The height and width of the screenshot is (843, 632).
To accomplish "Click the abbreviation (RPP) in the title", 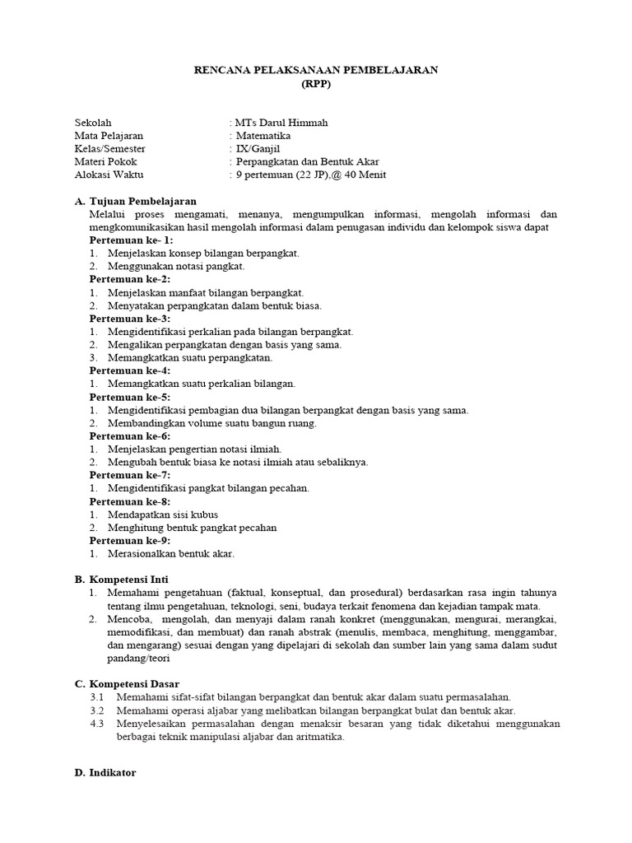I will click(316, 84).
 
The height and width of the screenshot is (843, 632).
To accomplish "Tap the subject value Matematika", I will click(263, 136).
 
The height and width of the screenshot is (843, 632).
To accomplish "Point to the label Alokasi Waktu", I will click(105, 175).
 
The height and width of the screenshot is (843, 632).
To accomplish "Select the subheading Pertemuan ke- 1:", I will click(131, 240).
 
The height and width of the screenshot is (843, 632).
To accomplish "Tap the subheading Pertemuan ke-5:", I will click(129, 397).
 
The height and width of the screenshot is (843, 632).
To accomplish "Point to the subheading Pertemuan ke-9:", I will click(129, 540).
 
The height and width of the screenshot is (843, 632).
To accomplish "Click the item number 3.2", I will click(98, 710).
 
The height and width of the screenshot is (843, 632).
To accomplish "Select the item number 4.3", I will click(98, 724).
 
